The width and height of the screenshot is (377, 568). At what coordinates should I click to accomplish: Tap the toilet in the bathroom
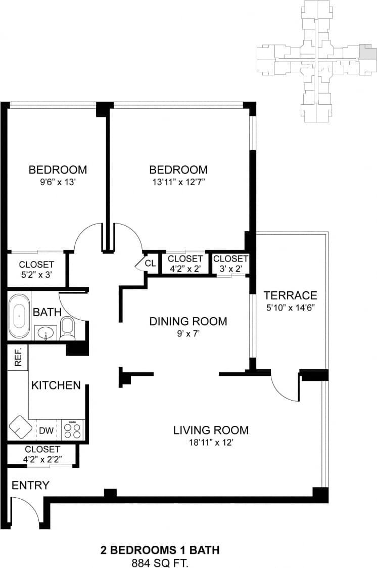pyautogui.click(x=67, y=328)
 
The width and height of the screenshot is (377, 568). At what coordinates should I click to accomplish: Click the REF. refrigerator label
pyautogui.click(x=18, y=358)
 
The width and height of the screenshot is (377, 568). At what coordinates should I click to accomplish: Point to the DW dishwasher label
pyautogui.click(x=46, y=431)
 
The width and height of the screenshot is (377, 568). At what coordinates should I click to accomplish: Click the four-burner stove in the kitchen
pyautogui.click(x=73, y=430)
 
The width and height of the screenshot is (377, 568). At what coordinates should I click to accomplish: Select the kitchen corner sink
pyautogui.click(x=20, y=426)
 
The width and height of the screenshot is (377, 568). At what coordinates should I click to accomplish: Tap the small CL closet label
pyautogui.click(x=150, y=263)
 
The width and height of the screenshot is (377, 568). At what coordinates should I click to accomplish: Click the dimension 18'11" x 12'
pyautogui.click(x=211, y=443)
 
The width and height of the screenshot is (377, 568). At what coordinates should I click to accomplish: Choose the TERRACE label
pyautogui.click(x=291, y=295)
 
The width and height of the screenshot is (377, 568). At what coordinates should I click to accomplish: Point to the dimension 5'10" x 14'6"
pyautogui.click(x=291, y=307)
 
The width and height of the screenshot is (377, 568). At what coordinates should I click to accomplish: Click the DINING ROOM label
pyautogui.click(x=188, y=321)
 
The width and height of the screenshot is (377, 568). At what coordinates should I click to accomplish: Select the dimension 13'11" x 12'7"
pyautogui.click(x=178, y=182)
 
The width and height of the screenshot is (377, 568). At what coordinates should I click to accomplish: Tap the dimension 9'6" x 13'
pyautogui.click(x=58, y=182)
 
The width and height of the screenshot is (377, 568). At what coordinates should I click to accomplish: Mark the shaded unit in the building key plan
pyautogui.click(x=367, y=53)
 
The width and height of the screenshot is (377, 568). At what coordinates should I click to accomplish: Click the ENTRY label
pyautogui.click(x=30, y=486)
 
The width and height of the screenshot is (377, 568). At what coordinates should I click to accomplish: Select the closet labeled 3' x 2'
pyautogui.click(x=230, y=264)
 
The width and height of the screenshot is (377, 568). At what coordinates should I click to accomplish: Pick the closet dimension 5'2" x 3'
pyautogui.click(x=36, y=275)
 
